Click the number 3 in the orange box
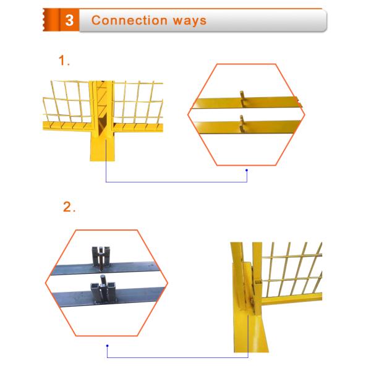[69, 20]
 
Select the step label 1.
[64, 61]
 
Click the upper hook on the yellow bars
[242, 96]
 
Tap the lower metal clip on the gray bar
[104, 291]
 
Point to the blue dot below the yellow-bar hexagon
[247, 170]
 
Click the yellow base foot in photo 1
[101, 148]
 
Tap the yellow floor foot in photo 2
[247, 328]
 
